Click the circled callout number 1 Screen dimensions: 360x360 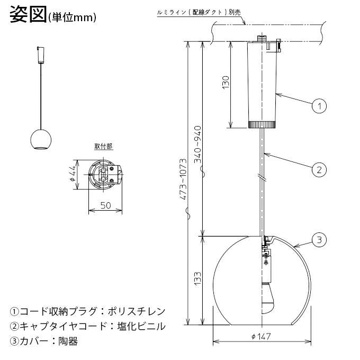click(x=319, y=106)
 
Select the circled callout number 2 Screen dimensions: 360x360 click(x=319, y=170)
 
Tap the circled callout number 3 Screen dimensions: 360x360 click(x=319, y=240)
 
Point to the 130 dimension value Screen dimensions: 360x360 click(x=226, y=82)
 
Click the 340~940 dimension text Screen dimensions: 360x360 click(x=197, y=145)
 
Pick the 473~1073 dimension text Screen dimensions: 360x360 click(x=183, y=179)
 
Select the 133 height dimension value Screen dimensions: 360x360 click(x=197, y=278)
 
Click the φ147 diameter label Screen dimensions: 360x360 click(x=261, y=337)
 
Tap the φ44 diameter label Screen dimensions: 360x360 click(x=73, y=174)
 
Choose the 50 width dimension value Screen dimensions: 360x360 click(x=105, y=205)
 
